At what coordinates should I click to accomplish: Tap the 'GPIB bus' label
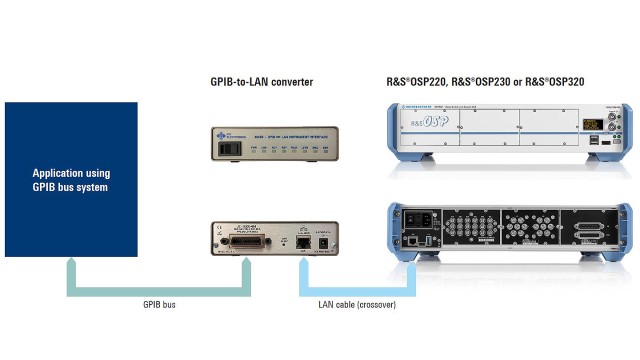[159, 303]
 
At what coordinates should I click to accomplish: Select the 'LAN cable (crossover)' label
[358, 303]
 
